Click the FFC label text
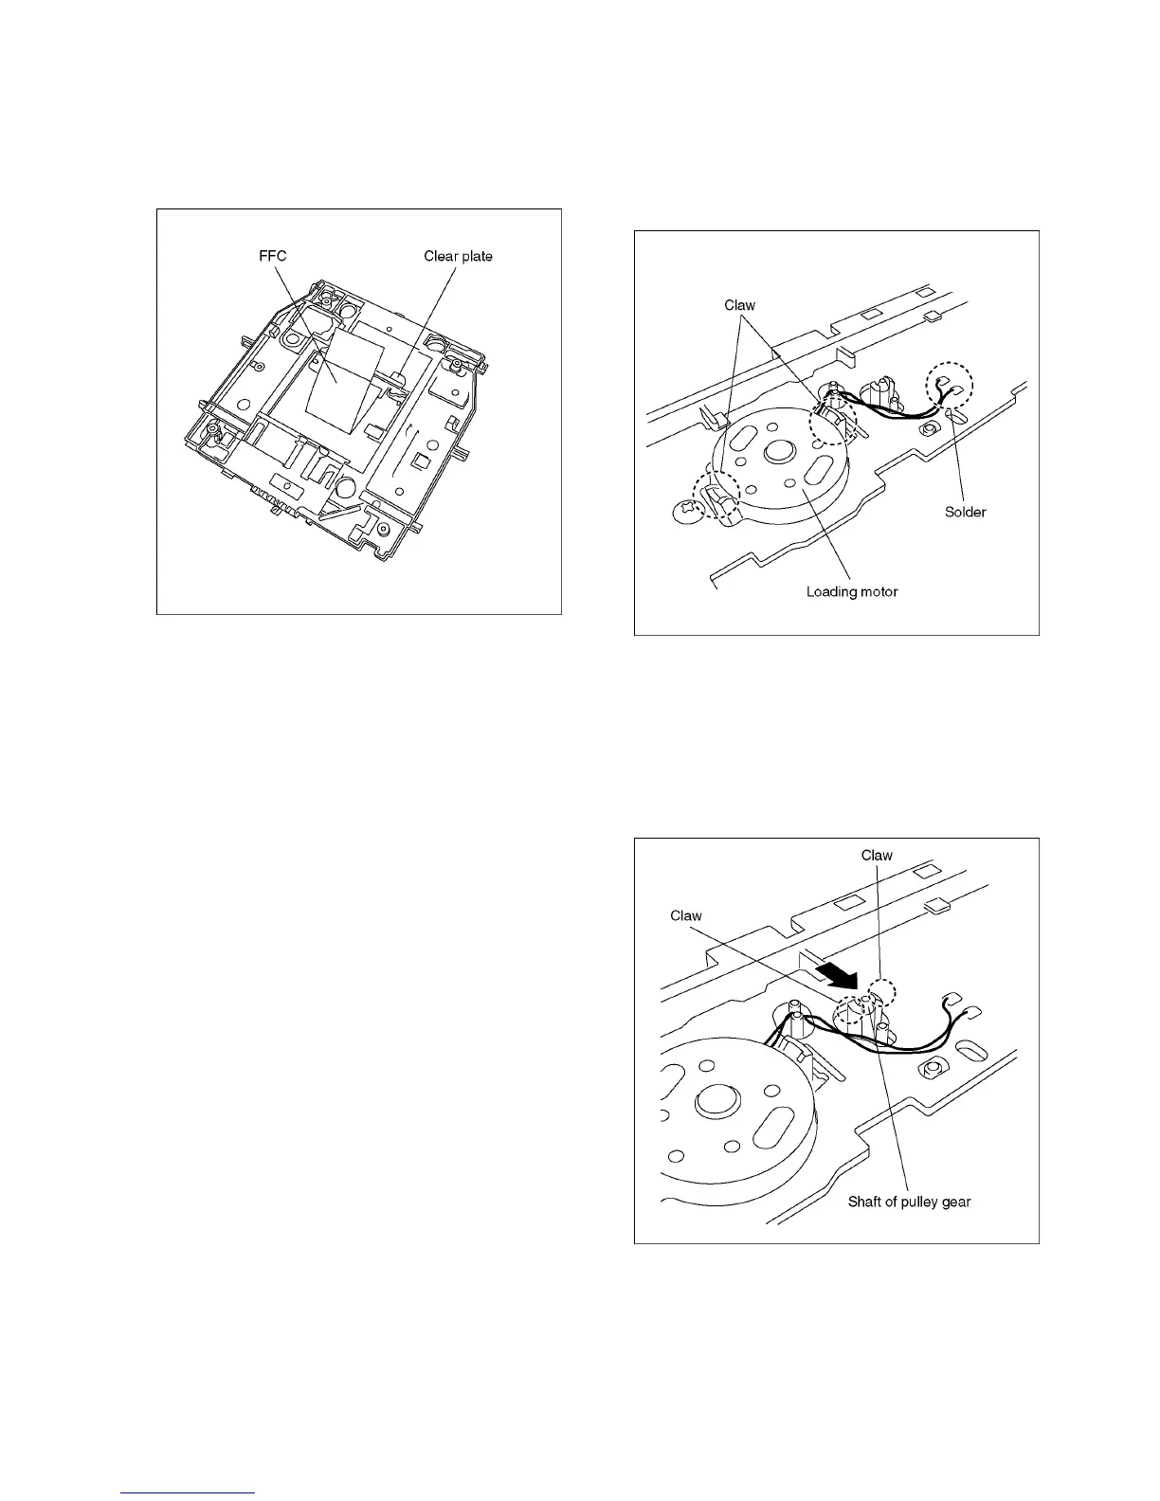tap(273, 256)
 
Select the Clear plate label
tap(458, 256)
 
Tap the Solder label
tap(965, 512)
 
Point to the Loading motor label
tap(851, 591)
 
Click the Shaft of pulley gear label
tap(909, 1202)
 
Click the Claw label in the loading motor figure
tap(739, 305)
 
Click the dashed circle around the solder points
tap(950, 388)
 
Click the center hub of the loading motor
tap(780, 451)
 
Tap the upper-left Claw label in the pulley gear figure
tap(686, 915)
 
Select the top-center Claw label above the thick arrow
tap(877, 855)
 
